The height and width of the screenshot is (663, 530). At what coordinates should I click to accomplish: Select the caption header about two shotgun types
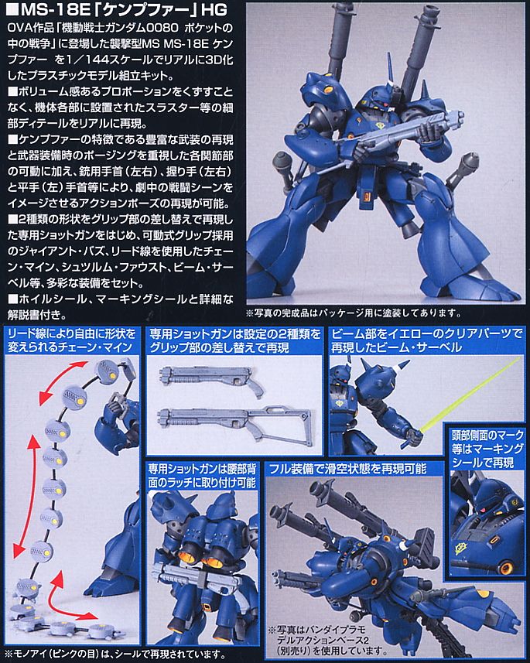click(231, 340)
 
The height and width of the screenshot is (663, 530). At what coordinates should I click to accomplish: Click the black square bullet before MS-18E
click(10, 12)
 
